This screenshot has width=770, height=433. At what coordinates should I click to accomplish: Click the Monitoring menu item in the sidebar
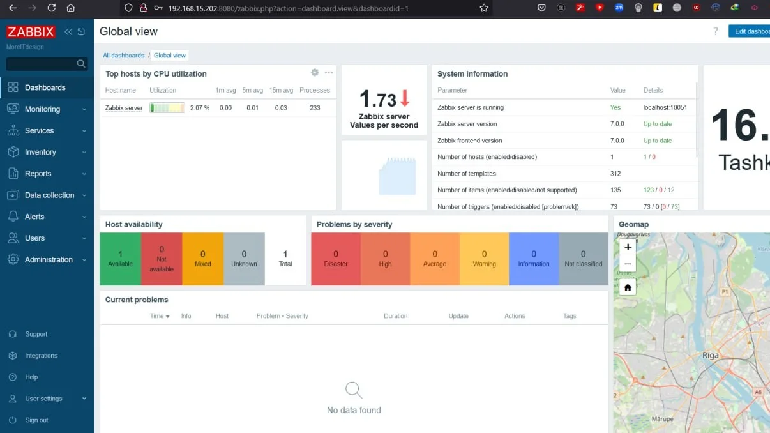42,109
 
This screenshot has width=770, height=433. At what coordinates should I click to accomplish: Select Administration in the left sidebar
49,260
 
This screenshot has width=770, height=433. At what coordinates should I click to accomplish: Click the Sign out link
36,420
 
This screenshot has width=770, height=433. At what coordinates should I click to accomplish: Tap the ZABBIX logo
31,32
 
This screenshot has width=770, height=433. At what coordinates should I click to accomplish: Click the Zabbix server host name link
124,108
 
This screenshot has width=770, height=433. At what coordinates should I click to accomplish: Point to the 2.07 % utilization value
200,108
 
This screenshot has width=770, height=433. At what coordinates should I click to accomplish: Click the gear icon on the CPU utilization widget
315,73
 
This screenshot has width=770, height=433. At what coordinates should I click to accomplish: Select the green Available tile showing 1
120,259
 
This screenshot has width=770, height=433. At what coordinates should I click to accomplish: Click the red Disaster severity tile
336,259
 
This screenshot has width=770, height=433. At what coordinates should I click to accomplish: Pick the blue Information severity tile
534,259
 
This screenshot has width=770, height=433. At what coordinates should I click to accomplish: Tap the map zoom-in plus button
628,247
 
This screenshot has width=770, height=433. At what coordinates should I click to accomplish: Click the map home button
628,287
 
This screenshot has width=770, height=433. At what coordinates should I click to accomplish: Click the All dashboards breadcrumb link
124,56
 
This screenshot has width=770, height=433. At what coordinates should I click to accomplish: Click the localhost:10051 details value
665,107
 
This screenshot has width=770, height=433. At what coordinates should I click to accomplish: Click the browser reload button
52,8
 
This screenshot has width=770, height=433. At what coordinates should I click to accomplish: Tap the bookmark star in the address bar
484,8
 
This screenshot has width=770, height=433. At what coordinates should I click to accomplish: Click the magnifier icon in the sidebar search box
81,64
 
